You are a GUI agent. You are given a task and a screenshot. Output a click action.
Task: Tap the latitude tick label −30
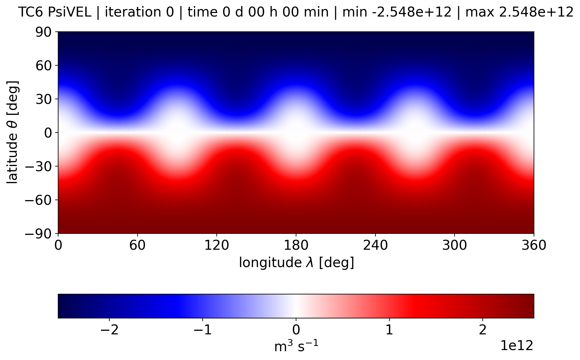(x=39, y=166)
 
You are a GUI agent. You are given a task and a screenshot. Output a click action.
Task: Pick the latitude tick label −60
(x=39, y=200)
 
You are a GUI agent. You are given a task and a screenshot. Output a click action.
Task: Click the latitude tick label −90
(x=39, y=234)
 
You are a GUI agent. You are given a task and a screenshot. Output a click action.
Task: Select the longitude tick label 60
(x=137, y=246)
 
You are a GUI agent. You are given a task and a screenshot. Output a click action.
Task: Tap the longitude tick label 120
(x=217, y=246)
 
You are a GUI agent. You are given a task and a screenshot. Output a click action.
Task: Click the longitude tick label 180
(x=296, y=246)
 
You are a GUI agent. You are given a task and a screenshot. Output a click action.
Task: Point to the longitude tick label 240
(x=375, y=246)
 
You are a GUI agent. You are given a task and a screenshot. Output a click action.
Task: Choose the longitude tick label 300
(x=455, y=246)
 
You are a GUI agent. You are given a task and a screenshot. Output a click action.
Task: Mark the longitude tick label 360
(x=534, y=246)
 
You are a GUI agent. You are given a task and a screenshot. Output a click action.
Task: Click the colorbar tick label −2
(x=109, y=330)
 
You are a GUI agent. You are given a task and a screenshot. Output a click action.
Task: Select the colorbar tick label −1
(x=203, y=330)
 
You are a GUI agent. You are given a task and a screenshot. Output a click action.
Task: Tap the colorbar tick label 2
(x=483, y=330)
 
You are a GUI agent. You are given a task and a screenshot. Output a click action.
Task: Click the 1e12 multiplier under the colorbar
(x=517, y=346)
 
